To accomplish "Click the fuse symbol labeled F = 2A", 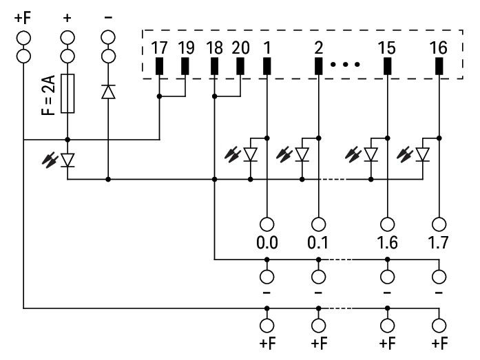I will pos(67,93).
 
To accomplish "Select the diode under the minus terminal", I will pos(108,92).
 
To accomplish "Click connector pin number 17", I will pos(159,49).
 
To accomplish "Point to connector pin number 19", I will pos(186,49).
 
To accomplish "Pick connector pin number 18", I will pos(213,49).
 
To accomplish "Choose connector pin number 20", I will pos(240,49).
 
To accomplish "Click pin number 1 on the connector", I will pos(267,49).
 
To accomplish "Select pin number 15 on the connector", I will pos(387,49).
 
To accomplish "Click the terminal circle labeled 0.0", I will pos(267,224).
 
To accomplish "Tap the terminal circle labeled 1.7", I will pos(438,224).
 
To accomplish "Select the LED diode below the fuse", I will pos(67,160).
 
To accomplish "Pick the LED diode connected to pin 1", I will pos(251,154).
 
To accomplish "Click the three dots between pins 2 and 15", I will pos(345,65).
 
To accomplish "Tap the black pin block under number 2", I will pos(318,66).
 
